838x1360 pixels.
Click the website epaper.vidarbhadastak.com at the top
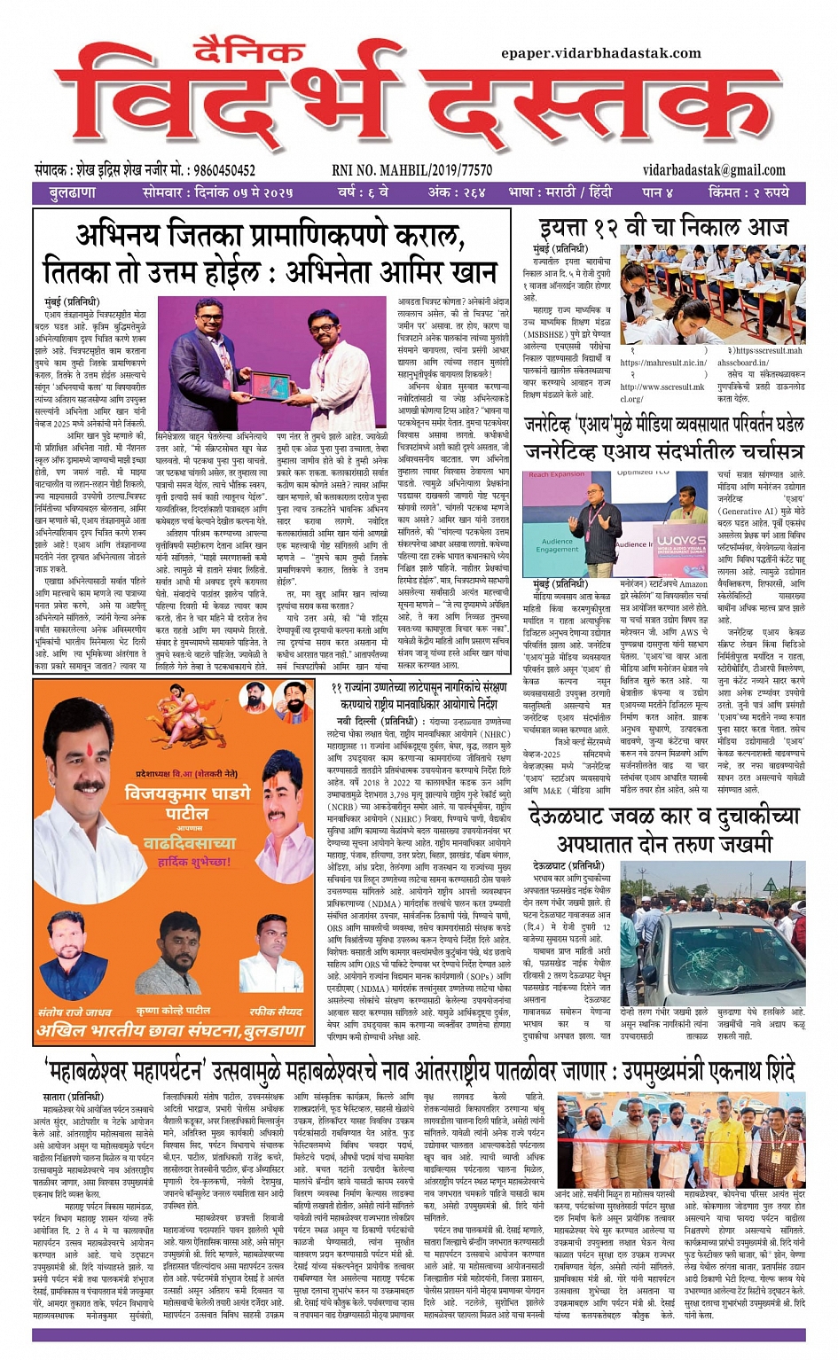(x=600, y=53)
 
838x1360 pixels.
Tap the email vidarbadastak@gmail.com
(x=714, y=170)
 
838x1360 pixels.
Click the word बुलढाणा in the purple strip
(x=73, y=192)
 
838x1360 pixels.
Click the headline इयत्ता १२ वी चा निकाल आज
(x=663, y=227)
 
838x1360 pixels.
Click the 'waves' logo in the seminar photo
(x=681, y=539)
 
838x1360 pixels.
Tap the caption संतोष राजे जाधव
(x=74, y=1011)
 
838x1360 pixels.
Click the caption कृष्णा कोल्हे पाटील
(x=173, y=1011)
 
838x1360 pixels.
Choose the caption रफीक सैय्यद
(x=275, y=1011)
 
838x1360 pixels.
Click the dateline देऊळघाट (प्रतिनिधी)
(x=568, y=865)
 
